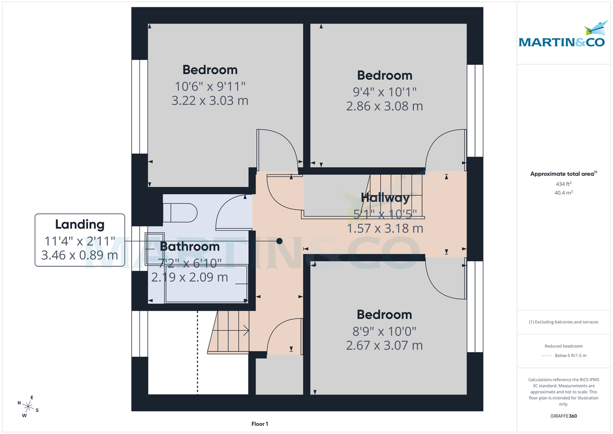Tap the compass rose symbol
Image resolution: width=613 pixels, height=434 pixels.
(29, 407)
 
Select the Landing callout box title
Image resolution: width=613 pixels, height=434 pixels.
(79, 224)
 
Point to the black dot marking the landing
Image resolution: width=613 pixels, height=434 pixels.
(279, 241)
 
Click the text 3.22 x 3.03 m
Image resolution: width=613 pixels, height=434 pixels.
(210, 100)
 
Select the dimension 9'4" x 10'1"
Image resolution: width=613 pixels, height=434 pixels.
(384, 92)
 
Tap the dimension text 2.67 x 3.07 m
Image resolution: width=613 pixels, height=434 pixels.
(384, 346)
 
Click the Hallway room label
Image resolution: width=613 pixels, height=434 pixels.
(385, 198)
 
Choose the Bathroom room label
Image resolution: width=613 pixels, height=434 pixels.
(190, 246)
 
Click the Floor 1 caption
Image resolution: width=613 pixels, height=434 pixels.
(260, 424)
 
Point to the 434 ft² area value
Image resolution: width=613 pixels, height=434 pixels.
(563, 184)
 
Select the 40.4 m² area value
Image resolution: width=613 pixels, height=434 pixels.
(563, 193)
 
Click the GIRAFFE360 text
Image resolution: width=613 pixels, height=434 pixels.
(563, 416)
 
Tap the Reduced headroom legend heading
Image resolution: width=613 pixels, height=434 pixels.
(563, 346)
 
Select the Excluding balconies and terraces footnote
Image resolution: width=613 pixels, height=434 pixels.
(563, 322)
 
